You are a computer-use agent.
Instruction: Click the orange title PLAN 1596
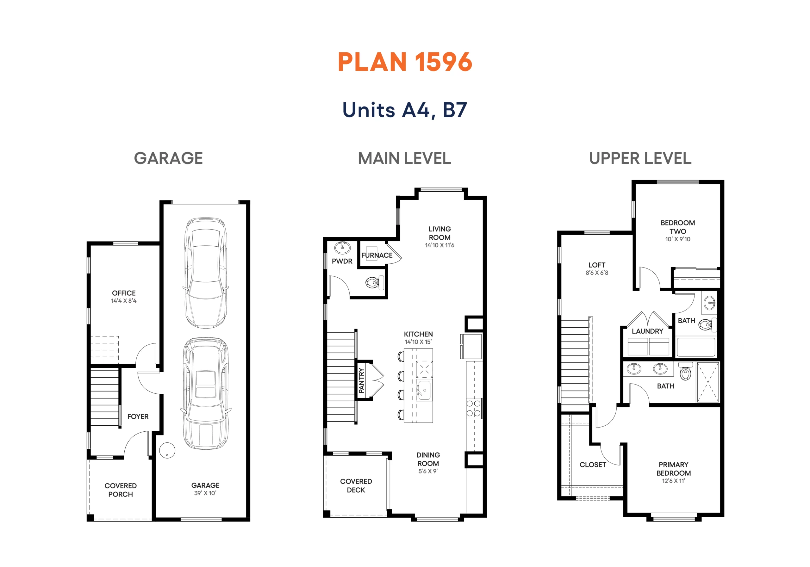[x=405, y=62]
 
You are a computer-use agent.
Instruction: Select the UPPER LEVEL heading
[x=640, y=158]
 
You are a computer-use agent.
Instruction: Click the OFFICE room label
[x=124, y=293]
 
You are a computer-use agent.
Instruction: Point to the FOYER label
[x=138, y=416]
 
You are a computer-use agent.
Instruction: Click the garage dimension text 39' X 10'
[x=205, y=493]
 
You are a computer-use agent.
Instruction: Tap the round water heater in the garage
[x=167, y=450]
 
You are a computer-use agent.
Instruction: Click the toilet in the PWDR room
[x=375, y=282]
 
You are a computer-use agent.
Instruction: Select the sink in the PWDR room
[x=342, y=248]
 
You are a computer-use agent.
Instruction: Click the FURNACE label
[x=377, y=255]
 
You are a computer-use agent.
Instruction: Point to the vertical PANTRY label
[x=361, y=380]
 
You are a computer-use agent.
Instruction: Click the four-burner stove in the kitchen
[x=474, y=408]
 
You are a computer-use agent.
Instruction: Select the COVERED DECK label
[x=356, y=485]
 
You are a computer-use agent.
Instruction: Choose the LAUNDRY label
[x=647, y=331]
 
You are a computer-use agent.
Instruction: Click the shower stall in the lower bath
[x=708, y=382]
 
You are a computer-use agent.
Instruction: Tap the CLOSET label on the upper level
[x=593, y=465]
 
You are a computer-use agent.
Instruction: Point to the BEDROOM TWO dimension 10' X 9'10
[x=678, y=239]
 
